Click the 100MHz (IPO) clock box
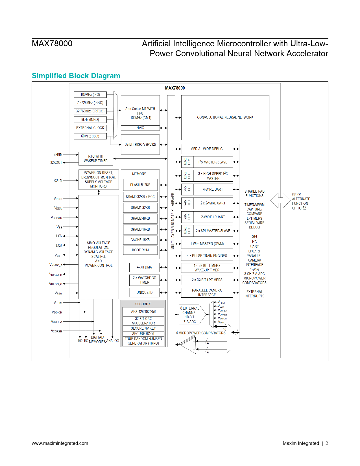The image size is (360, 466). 90,95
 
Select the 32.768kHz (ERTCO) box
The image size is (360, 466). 90,111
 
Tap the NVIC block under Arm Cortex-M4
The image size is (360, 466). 140,128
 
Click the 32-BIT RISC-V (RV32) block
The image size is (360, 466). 140,145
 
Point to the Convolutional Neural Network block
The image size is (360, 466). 225,117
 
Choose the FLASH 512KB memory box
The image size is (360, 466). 140,185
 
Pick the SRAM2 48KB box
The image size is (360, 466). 140,219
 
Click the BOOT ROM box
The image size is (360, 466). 140,250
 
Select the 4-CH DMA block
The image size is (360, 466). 144,267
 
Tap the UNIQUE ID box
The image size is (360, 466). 144,293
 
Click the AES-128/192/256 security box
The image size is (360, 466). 143,312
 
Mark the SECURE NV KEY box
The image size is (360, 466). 143,328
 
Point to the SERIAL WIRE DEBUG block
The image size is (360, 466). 207,149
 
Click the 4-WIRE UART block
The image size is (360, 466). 213,190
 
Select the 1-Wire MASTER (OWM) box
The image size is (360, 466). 207,244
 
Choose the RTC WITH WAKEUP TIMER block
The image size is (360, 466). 96,158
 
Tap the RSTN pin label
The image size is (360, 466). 58,180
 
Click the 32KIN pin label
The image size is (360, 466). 58,154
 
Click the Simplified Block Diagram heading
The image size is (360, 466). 76,76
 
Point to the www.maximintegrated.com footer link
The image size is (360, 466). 60,443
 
